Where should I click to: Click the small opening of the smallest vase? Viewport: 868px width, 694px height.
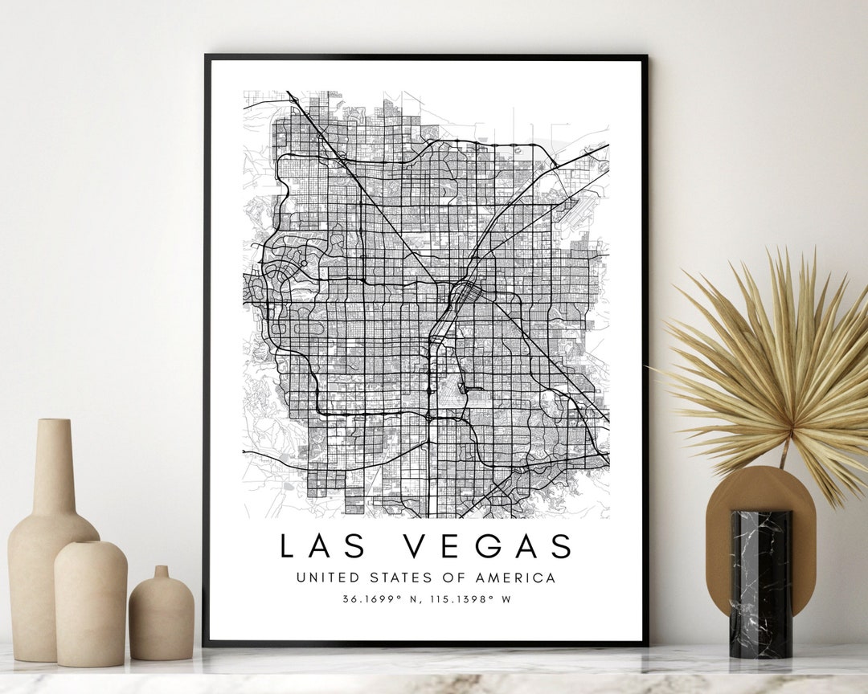(162, 570)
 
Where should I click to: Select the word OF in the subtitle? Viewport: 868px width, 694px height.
(448, 578)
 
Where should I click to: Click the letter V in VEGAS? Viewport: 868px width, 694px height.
(416, 546)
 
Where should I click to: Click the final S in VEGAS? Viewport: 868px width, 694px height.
(561, 546)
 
